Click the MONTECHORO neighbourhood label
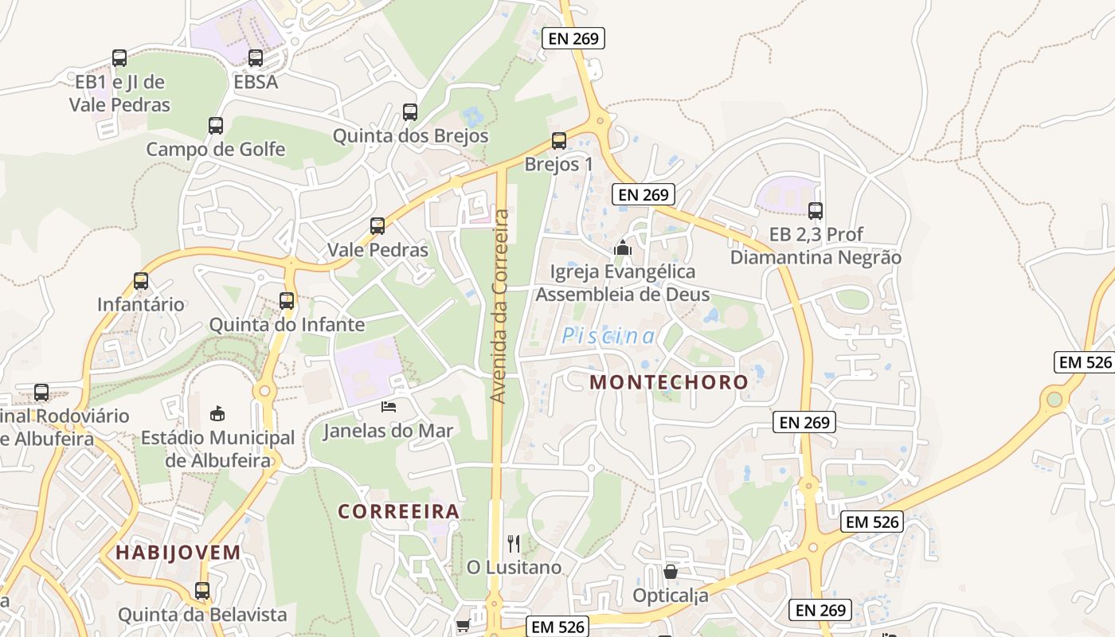(x=669, y=382)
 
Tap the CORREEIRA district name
(x=399, y=511)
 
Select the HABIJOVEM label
(x=178, y=552)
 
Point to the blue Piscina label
(x=609, y=336)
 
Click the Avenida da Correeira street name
(x=499, y=306)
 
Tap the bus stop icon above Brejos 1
(x=559, y=141)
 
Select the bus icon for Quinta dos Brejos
(x=410, y=112)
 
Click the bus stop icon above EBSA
(x=256, y=58)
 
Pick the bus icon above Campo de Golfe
(x=216, y=125)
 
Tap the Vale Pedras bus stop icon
(x=378, y=226)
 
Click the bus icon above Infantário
(x=141, y=281)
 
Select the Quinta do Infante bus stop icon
(x=287, y=301)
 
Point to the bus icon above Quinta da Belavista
(x=202, y=591)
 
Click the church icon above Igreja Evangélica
(x=623, y=248)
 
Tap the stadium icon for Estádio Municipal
(x=217, y=413)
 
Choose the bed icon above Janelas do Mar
(x=389, y=407)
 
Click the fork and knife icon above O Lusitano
(x=514, y=544)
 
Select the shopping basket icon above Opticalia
(x=671, y=572)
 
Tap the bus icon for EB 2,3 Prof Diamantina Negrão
(x=816, y=211)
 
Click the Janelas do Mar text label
(x=388, y=432)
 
